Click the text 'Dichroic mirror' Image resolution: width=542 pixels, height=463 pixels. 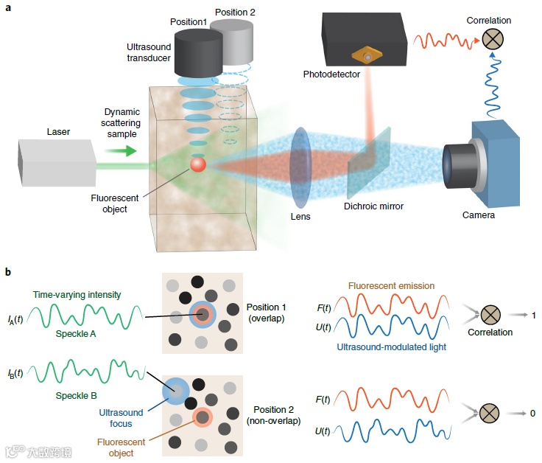(373, 206)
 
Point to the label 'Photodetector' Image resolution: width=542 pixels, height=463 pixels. (331, 74)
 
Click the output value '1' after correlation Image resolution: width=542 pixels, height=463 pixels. (533, 316)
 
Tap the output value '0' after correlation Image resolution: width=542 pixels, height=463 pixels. (532, 413)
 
